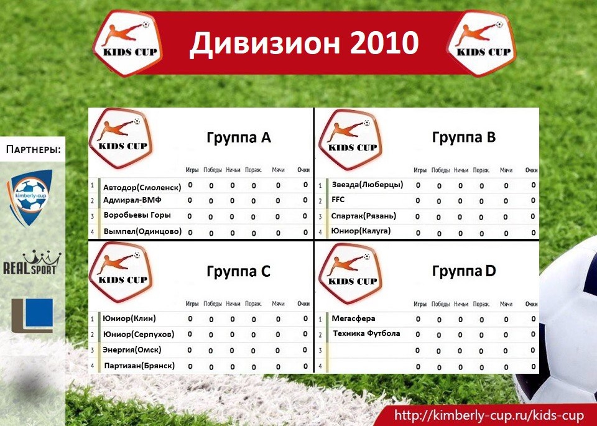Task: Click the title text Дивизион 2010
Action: (x=304, y=43)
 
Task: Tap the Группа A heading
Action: (x=239, y=138)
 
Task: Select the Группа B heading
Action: (x=464, y=138)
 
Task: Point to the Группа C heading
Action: (x=238, y=272)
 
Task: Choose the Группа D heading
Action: (x=464, y=272)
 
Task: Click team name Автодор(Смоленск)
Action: (x=142, y=187)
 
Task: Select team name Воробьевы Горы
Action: (x=137, y=215)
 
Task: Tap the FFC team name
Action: (x=338, y=200)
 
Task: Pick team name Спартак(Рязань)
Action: (x=364, y=216)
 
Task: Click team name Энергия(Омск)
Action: (x=132, y=350)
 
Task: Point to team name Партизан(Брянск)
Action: (x=139, y=366)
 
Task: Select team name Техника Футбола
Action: (x=366, y=333)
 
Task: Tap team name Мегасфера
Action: (x=353, y=318)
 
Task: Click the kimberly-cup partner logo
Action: (x=30, y=198)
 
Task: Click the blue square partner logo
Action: (x=32, y=316)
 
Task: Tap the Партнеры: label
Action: (x=34, y=149)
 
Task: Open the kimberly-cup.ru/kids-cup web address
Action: (x=489, y=415)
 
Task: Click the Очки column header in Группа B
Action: (x=532, y=170)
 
